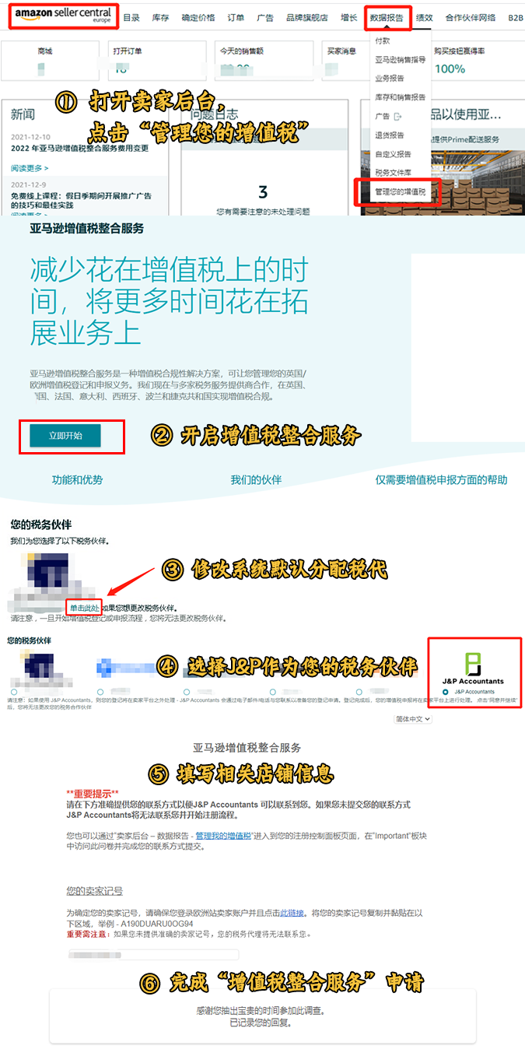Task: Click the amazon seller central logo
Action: click(x=63, y=16)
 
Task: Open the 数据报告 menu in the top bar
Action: click(x=387, y=16)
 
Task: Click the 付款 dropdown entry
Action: click(x=383, y=40)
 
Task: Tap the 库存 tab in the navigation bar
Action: click(x=160, y=17)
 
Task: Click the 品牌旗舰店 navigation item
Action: click(x=306, y=17)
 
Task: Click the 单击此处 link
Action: click(x=84, y=607)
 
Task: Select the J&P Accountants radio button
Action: click(x=445, y=691)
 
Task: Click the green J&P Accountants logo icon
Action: click(x=473, y=664)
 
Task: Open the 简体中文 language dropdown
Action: click(x=413, y=719)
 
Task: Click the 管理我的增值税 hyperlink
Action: click(x=223, y=835)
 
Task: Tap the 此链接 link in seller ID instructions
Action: click(x=291, y=913)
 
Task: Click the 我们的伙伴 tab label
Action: click(x=256, y=480)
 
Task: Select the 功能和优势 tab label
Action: click(x=77, y=480)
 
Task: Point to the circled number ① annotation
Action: click(x=66, y=102)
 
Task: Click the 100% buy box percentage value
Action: click(x=450, y=68)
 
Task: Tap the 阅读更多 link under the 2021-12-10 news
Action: click(x=30, y=167)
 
